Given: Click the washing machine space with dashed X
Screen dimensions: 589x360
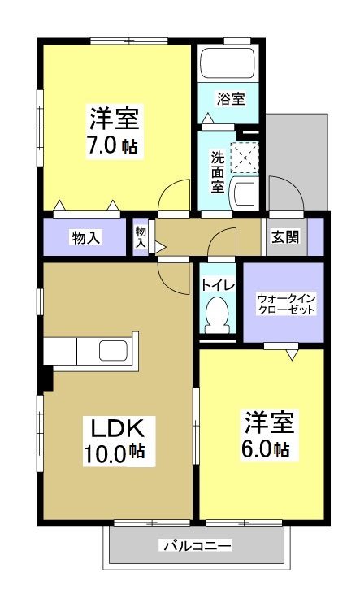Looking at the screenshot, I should pos(243,157).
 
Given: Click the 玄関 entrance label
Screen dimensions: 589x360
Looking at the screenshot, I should pos(284,237).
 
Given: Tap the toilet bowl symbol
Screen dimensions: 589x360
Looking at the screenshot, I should pos(217,314).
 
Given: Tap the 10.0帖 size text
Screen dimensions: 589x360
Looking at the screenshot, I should pos(115,453).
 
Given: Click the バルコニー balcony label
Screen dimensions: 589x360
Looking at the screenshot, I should pos(195,545).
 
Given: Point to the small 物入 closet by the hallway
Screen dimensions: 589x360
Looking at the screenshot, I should pos(141,237).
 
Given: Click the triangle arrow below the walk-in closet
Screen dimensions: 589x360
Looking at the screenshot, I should pos(292,353).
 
